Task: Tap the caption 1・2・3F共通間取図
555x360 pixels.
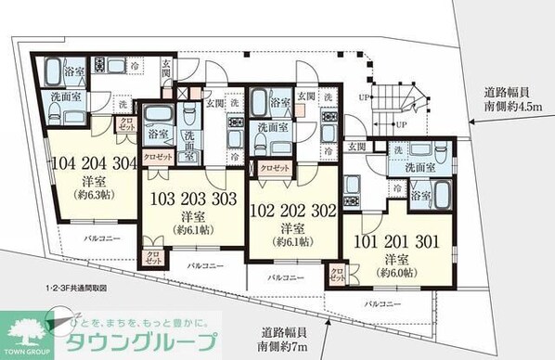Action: pyautogui.click(x=65, y=289)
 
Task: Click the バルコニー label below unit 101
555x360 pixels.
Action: pyautogui.click(x=381, y=303)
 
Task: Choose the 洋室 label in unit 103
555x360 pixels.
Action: pyautogui.click(x=187, y=214)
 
